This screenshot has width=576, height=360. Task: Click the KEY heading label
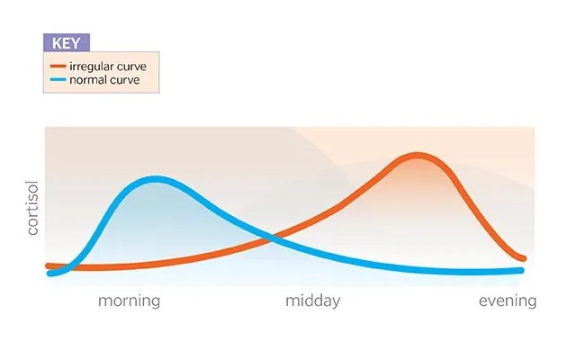66,42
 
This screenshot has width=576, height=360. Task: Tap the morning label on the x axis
129,301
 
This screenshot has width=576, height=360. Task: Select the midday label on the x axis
312,301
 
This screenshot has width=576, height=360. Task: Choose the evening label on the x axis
508,301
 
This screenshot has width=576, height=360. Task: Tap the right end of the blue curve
521,270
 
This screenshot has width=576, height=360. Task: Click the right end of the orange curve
522,259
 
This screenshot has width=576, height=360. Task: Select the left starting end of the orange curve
49,265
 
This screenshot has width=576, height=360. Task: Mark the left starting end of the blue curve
50,274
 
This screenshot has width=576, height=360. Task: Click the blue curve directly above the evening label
508,271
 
